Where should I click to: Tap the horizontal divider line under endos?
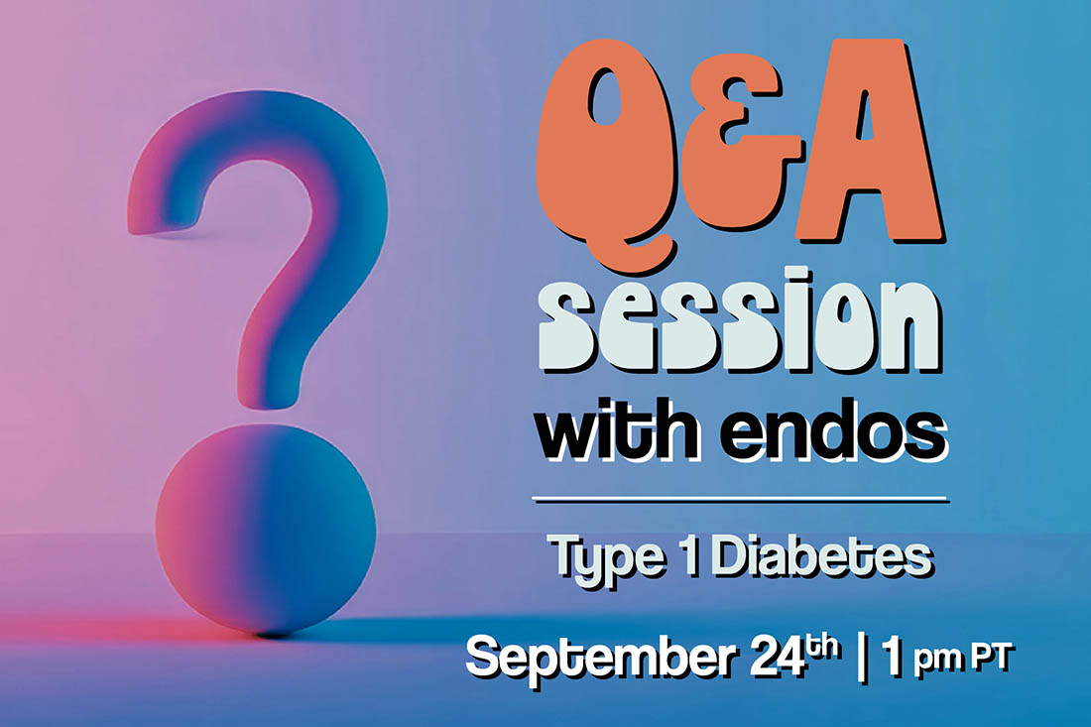coord(740,499)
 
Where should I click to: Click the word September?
coord(600,658)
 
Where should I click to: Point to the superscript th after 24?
coord(822,647)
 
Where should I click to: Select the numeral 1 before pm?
coord(892,656)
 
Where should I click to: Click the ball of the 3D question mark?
coord(265,530)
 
